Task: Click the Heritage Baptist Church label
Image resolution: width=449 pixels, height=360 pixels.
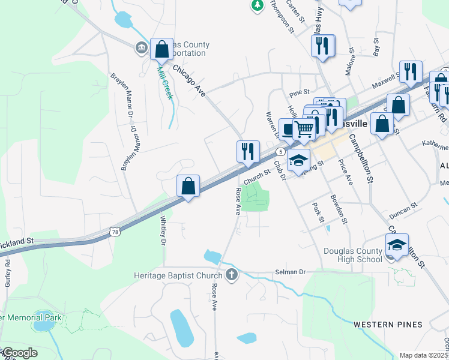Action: [x=177, y=275]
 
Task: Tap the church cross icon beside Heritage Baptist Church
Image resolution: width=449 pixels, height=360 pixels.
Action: [x=232, y=275]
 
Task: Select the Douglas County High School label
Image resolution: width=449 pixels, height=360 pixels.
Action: [x=352, y=255]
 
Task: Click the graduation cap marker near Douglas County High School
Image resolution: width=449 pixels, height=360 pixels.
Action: [x=397, y=245]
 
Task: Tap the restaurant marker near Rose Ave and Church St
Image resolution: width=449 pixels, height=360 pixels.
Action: [x=249, y=152]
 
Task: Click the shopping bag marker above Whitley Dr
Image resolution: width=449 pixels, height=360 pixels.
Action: [x=188, y=187]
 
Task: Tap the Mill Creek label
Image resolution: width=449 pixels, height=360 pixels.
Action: [x=164, y=83]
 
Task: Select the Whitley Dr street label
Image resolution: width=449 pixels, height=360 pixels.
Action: [x=163, y=231]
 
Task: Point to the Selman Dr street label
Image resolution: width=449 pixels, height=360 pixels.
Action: [x=291, y=272]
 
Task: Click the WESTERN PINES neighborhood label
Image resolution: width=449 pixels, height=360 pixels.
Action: [x=387, y=325]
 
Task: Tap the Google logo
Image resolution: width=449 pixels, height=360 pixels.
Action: [x=19, y=353]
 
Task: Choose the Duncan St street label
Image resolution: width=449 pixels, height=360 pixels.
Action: [x=402, y=209]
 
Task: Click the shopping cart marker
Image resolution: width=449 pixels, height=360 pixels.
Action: [x=304, y=128]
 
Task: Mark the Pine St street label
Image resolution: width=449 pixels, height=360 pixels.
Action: [x=298, y=93]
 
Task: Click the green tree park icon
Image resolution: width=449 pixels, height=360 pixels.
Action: [x=258, y=5]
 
